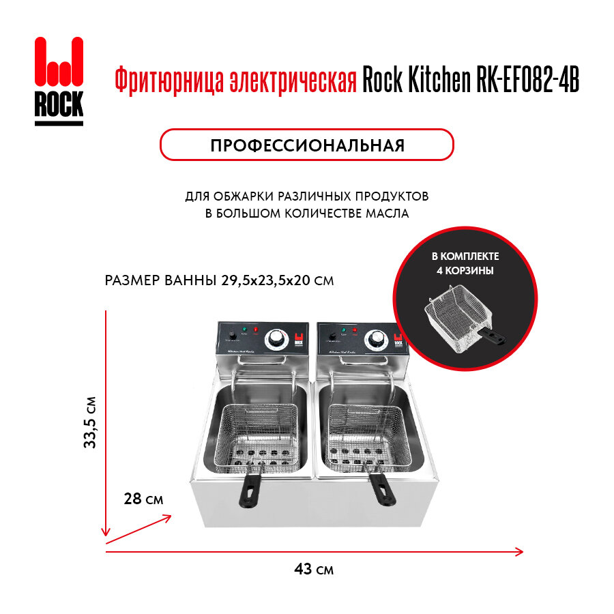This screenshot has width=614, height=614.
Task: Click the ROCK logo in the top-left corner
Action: tap(59, 81)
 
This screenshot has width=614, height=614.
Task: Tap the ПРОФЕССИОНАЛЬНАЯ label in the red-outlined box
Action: tap(307, 145)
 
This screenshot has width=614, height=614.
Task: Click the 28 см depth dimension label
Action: tap(144, 499)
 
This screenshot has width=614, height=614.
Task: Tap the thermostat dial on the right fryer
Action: tap(375, 339)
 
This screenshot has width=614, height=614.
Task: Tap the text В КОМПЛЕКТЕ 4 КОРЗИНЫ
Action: tap(465, 263)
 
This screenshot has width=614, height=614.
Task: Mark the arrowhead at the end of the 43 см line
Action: tap(520, 551)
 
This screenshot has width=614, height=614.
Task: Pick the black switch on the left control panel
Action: tap(232, 336)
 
